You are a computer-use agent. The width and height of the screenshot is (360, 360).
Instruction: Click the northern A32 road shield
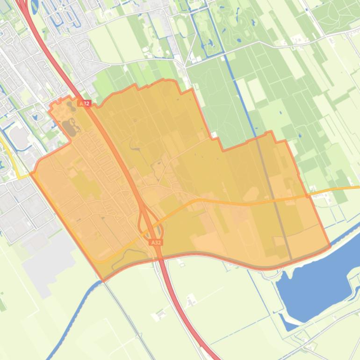84,103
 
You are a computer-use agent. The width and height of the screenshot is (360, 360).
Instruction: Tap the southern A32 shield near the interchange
156,243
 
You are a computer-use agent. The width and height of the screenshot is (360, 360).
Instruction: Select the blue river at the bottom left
70,318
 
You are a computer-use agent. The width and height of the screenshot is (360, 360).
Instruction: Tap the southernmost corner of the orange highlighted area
103,281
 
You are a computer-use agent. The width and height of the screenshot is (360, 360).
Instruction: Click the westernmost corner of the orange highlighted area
31,173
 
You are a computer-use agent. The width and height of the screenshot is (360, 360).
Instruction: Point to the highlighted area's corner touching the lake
330,245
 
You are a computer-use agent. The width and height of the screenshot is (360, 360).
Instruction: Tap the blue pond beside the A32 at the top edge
35,6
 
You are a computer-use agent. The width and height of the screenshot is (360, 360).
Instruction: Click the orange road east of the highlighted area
337,189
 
